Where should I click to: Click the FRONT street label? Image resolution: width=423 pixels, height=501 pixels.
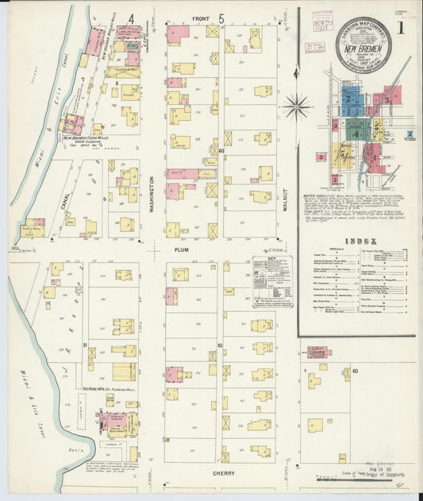(x=202, y=18)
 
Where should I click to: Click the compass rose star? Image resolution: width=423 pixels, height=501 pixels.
(x=297, y=102)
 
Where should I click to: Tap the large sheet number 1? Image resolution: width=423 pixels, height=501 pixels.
(x=404, y=29)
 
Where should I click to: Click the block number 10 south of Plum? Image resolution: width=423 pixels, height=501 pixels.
(x=219, y=345)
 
